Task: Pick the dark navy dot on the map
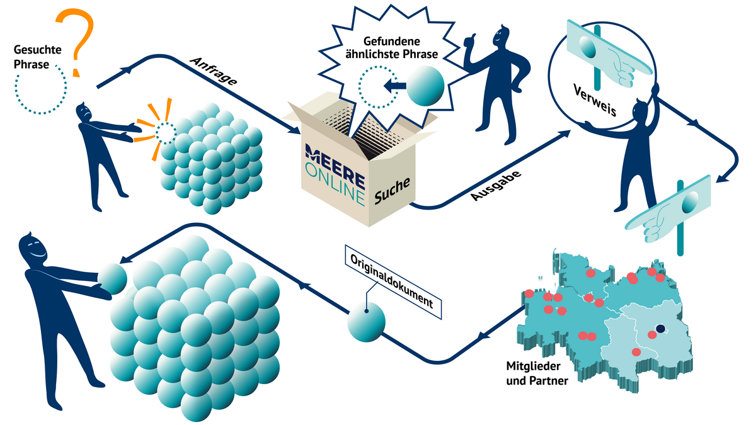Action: pos(660,328)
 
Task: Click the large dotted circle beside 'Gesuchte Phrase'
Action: pos(40,88)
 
